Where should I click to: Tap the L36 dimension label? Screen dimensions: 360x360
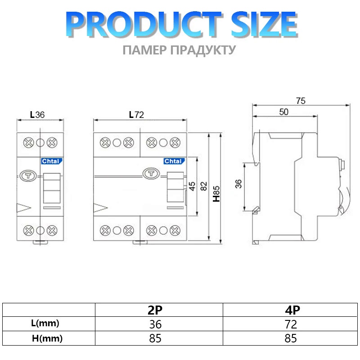[37, 115]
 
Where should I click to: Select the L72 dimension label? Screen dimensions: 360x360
[136, 115]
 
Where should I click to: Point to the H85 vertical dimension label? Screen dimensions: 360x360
[216, 194]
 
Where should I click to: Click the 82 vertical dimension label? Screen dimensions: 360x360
[204, 186]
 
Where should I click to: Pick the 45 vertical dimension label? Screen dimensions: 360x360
[192, 186]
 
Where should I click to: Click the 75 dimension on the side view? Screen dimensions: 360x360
[301, 101]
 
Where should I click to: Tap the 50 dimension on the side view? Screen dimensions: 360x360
[284, 112]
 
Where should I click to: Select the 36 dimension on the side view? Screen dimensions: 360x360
[238, 184]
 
